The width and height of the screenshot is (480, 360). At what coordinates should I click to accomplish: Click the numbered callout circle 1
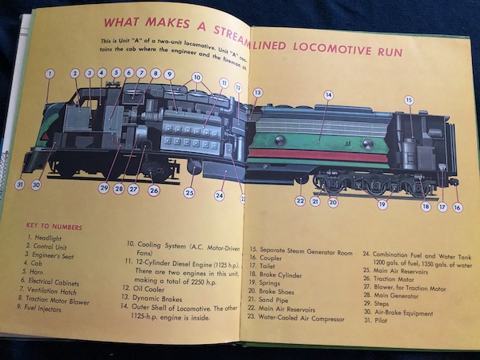(x=49, y=74)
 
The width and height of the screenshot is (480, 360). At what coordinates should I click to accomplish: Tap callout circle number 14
(x=328, y=95)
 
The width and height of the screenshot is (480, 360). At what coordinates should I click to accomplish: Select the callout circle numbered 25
(x=190, y=193)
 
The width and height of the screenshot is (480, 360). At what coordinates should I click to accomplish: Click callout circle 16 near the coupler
(x=457, y=208)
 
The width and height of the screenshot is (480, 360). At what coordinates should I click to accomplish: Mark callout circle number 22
(x=301, y=201)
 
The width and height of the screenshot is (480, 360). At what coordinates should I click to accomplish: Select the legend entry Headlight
(x=46, y=239)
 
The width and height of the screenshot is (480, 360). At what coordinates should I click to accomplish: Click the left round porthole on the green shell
(x=280, y=140)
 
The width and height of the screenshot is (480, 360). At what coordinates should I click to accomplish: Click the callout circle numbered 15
(x=409, y=101)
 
